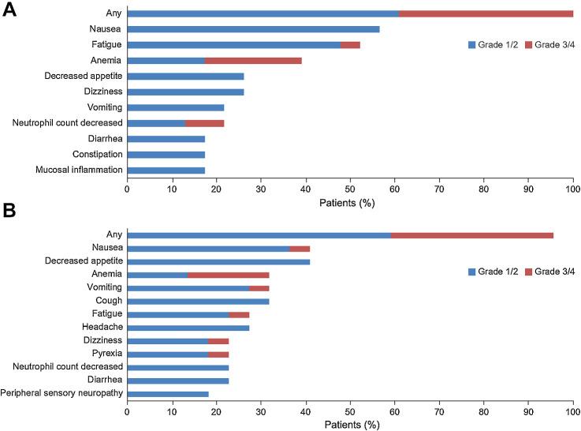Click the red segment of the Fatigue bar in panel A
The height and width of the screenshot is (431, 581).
pyautogui.click(x=350, y=45)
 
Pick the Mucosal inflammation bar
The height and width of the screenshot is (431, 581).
pyautogui.click(x=166, y=170)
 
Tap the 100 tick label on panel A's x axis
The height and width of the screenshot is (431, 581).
pyautogui.click(x=573, y=189)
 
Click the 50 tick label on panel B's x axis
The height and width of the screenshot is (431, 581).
pyautogui.click(x=350, y=411)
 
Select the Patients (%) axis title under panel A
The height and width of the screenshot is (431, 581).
pyautogui.click(x=350, y=203)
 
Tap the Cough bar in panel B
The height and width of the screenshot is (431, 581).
pyautogui.click(x=198, y=301)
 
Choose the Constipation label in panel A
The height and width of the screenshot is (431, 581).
pyautogui.click(x=94, y=154)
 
